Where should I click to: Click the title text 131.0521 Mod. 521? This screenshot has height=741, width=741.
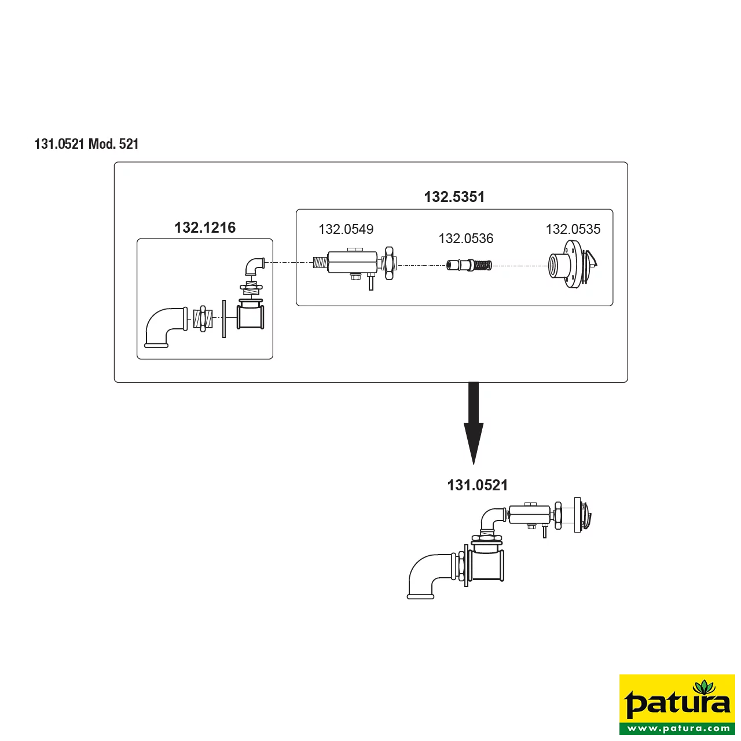[86, 144]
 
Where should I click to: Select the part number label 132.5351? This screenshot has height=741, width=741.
[454, 197]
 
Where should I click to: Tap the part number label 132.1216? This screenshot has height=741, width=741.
[205, 228]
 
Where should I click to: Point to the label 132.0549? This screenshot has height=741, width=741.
[346, 229]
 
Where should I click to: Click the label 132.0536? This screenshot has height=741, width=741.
[465, 239]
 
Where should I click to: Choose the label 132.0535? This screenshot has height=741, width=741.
[573, 229]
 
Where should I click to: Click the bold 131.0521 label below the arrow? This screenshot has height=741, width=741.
[478, 485]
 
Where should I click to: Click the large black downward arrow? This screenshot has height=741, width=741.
[474, 423]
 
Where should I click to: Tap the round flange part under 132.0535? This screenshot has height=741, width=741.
[572, 265]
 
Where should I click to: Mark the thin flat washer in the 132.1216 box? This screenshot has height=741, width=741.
[224, 319]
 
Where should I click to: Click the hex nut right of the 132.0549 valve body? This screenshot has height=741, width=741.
[389, 263]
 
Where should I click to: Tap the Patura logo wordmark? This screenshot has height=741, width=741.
[677, 703]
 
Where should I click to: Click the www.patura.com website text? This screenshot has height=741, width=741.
[677, 728]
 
